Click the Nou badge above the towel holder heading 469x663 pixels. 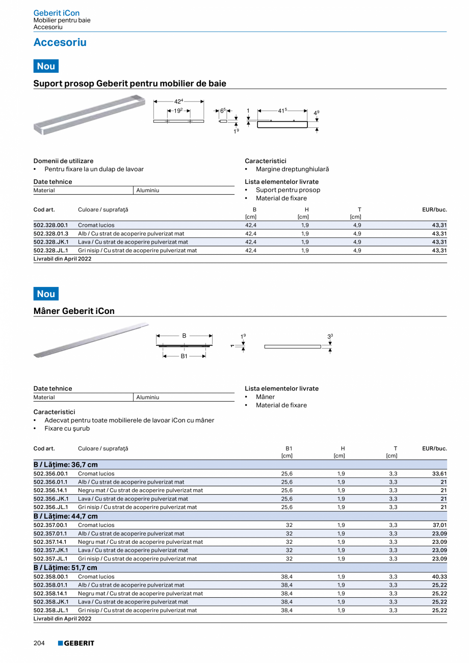(x=46, y=66)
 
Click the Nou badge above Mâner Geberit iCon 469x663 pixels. (x=46, y=294)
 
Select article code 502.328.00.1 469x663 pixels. (x=50, y=225)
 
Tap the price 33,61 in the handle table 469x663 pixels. (x=439, y=473)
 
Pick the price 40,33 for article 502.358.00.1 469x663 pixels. (x=439, y=576)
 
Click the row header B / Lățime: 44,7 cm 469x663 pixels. (x=65, y=516)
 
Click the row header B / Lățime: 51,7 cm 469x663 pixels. (x=65, y=568)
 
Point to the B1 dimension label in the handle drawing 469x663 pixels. (x=184, y=356)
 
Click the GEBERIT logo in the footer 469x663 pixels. (x=76, y=643)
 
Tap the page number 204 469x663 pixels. (x=39, y=643)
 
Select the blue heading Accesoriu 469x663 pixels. (x=60, y=42)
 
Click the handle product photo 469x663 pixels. (x=91, y=340)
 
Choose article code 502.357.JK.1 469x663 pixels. (x=50, y=550)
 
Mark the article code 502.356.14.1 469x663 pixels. (x=50, y=490)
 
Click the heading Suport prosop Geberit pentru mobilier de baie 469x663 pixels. (x=129, y=83)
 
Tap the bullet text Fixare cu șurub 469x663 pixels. (x=67, y=429)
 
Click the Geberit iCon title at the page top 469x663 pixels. (x=56, y=13)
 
